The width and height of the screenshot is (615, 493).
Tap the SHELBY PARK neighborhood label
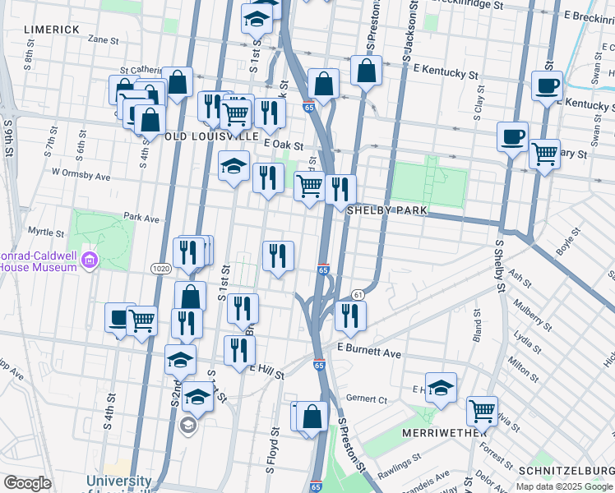pyautogui.click(x=386, y=210)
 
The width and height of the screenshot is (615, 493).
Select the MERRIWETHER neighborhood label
pyautogui.click(x=435, y=432)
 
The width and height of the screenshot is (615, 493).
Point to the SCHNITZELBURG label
pyautogui.click(x=566, y=469)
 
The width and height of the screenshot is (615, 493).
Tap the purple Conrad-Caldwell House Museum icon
pyautogui.click(x=90, y=261)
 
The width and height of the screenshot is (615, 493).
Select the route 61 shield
pyautogui.click(x=358, y=294)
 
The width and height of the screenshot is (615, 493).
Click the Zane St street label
pyautogui.click(x=103, y=39)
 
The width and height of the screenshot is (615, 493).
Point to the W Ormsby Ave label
pyautogui.click(x=81, y=174)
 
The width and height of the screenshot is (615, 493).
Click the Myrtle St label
pyautogui.click(x=47, y=233)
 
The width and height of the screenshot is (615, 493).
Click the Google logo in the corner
pyautogui.click(x=27, y=483)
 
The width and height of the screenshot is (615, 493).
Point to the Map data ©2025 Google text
pyautogui.click(x=565, y=486)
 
